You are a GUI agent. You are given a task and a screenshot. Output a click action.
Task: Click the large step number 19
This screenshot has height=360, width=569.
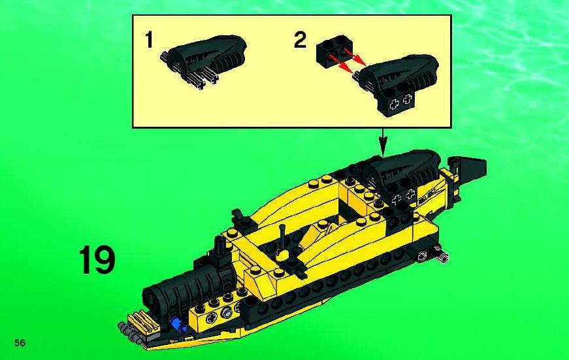point(97,260)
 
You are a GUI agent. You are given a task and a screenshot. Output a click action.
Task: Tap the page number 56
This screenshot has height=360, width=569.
point(20,342)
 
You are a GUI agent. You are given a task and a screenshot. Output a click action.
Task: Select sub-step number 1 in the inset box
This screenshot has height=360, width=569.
point(149,40)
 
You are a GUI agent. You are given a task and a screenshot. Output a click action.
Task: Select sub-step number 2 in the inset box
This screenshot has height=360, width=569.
point(300,40)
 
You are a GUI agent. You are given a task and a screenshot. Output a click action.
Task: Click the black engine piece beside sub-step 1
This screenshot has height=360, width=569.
point(204,60)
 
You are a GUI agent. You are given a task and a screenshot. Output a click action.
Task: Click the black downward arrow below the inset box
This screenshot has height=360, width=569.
point(383,142)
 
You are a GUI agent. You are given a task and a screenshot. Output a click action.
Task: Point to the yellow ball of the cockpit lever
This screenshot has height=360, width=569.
point(282,254)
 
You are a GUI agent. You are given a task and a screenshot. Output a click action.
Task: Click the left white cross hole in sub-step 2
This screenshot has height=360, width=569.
point(394,105)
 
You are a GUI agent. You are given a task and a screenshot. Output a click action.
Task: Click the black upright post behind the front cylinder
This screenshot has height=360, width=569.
point(220,248)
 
